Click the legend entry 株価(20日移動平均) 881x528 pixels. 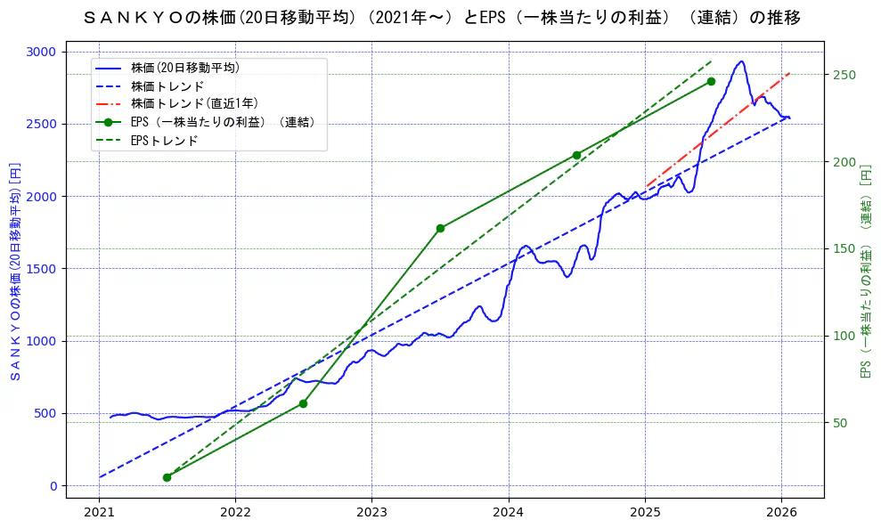click(184, 68)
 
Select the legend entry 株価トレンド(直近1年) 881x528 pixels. click(194, 103)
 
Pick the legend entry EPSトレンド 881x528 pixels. click(164, 141)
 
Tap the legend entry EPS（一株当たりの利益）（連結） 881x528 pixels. click(223, 122)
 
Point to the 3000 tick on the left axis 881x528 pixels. click(41, 52)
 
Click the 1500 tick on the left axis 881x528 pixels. click(41, 268)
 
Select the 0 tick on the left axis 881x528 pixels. click(52, 485)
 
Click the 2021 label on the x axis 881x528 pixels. click(99, 513)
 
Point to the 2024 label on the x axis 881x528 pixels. click(509, 513)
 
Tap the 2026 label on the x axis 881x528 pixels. click(781, 513)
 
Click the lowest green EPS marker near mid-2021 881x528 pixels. click(167, 477)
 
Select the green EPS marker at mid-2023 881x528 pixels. click(440, 229)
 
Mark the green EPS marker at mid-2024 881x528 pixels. click(576, 155)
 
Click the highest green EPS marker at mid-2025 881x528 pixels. click(711, 82)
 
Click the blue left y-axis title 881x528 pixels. click(15, 271)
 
